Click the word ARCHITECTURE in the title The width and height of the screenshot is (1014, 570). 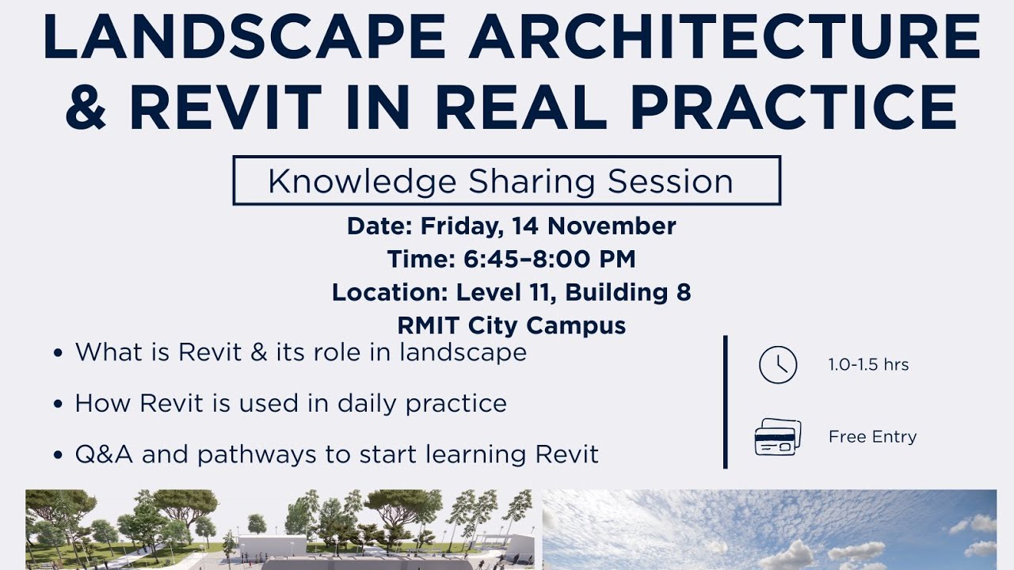point(724,37)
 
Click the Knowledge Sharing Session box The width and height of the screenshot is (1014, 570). point(506,181)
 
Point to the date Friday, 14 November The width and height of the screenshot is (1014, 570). point(548,226)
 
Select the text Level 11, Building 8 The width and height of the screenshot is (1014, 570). point(574,293)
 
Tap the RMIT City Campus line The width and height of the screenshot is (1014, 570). point(511,325)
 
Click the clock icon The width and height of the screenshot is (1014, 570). point(777,366)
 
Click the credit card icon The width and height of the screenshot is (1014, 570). point(777,437)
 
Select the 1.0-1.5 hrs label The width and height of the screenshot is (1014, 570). point(868,366)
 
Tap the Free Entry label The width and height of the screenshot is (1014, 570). point(872,437)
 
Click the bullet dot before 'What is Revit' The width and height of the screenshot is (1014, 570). point(58,353)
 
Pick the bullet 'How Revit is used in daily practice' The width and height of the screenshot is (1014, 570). point(291,404)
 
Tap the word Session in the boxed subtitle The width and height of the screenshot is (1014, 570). point(670,181)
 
